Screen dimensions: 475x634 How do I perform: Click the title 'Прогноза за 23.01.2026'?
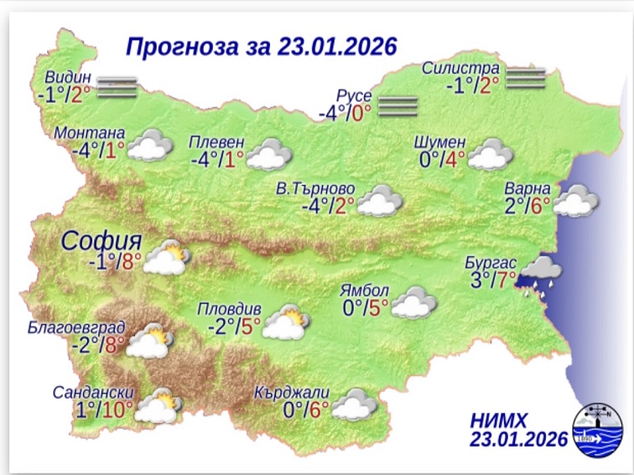pyautogui.click(x=261, y=44)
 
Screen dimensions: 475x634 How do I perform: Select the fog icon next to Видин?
pyautogui.click(x=116, y=86)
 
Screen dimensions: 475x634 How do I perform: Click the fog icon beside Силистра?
pyautogui.click(x=526, y=76)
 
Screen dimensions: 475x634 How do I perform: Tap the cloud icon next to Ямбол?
pyautogui.click(x=410, y=303)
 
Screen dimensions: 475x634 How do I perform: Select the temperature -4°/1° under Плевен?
pyautogui.click(x=216, y=159)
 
